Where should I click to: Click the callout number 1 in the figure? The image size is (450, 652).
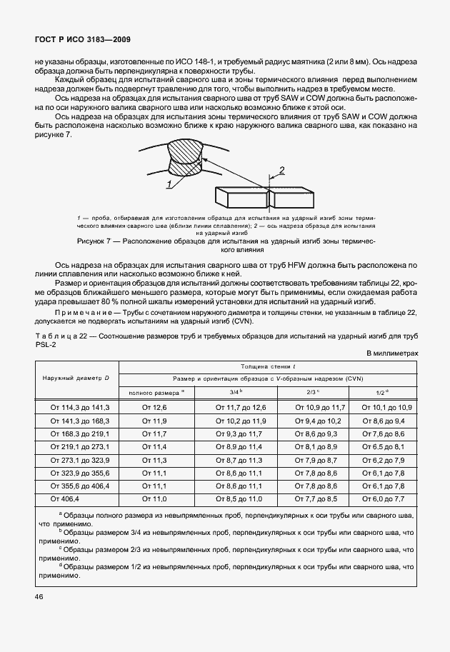[169, 184]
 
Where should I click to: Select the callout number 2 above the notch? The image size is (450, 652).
[281, 170]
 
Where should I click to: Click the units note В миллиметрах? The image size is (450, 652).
[391, 353]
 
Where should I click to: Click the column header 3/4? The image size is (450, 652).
[237, 392]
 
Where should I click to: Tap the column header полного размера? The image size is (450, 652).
[155, 392]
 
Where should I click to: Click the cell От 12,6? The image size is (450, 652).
[154, 407]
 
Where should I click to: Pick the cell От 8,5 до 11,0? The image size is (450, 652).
[237, 497]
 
